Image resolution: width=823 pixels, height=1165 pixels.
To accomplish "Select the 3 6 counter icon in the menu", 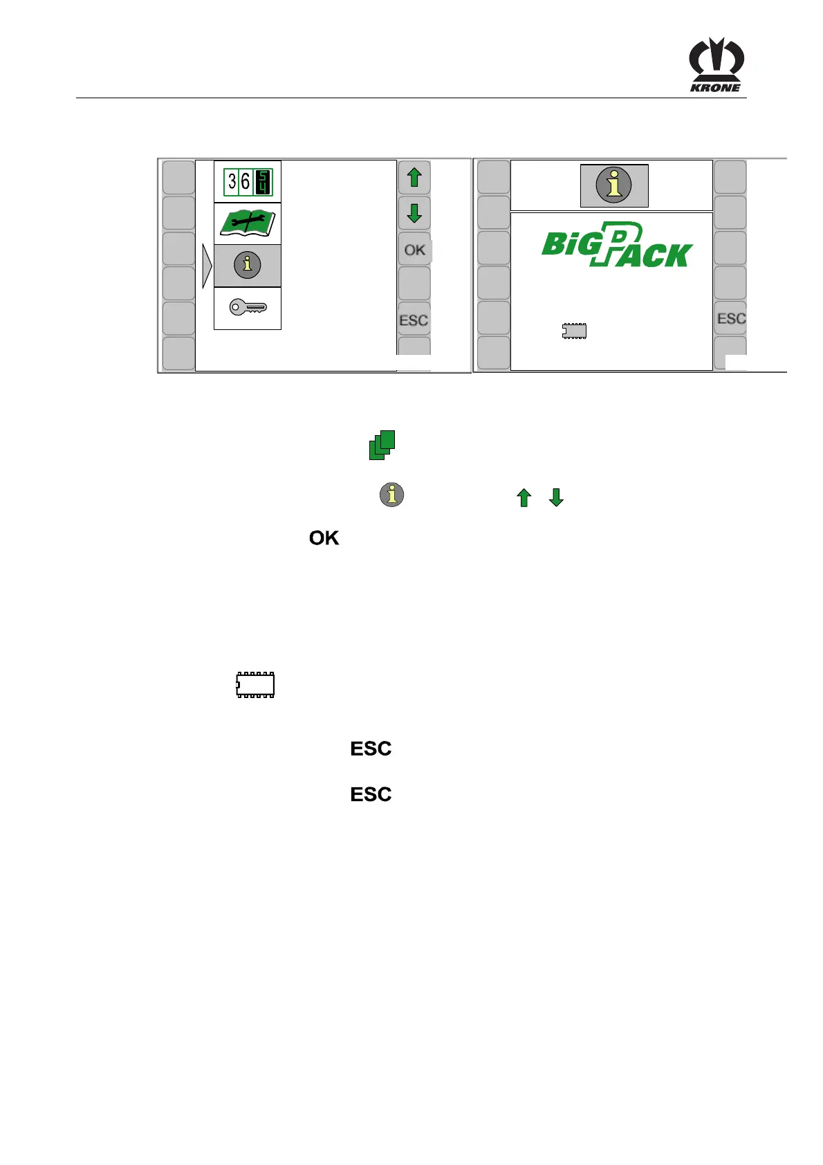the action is coord(248,182).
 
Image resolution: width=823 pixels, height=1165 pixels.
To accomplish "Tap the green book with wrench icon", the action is coord(248,224).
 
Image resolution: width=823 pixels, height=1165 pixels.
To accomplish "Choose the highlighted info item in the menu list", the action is coord(248,266).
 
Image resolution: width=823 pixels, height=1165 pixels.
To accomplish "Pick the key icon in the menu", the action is coord(248,308).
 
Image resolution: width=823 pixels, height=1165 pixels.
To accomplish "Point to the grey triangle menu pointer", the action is coord(206,266).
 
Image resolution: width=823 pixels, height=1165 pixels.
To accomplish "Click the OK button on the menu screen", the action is coord(414,250).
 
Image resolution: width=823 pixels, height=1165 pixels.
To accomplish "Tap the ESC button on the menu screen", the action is coord(414,320).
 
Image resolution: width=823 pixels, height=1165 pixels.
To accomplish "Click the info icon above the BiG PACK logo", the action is coord(614,185).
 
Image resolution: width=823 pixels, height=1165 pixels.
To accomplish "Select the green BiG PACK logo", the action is coord(616,245).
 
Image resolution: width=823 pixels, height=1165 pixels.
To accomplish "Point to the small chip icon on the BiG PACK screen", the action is coord(574,331).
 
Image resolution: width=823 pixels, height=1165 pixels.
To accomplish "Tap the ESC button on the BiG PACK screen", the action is coord(731,318).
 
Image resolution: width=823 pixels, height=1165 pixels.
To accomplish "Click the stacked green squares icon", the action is coord(382,445).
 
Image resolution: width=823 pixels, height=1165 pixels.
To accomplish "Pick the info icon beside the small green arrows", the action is coord(391,495).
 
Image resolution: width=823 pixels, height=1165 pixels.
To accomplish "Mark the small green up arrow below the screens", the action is coord(524,497).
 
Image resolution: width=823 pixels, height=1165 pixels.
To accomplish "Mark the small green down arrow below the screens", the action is coord(556,497).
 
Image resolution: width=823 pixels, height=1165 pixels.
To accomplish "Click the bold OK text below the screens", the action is coord(324,538).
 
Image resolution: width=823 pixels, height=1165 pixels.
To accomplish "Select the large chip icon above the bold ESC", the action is coord(255,684).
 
